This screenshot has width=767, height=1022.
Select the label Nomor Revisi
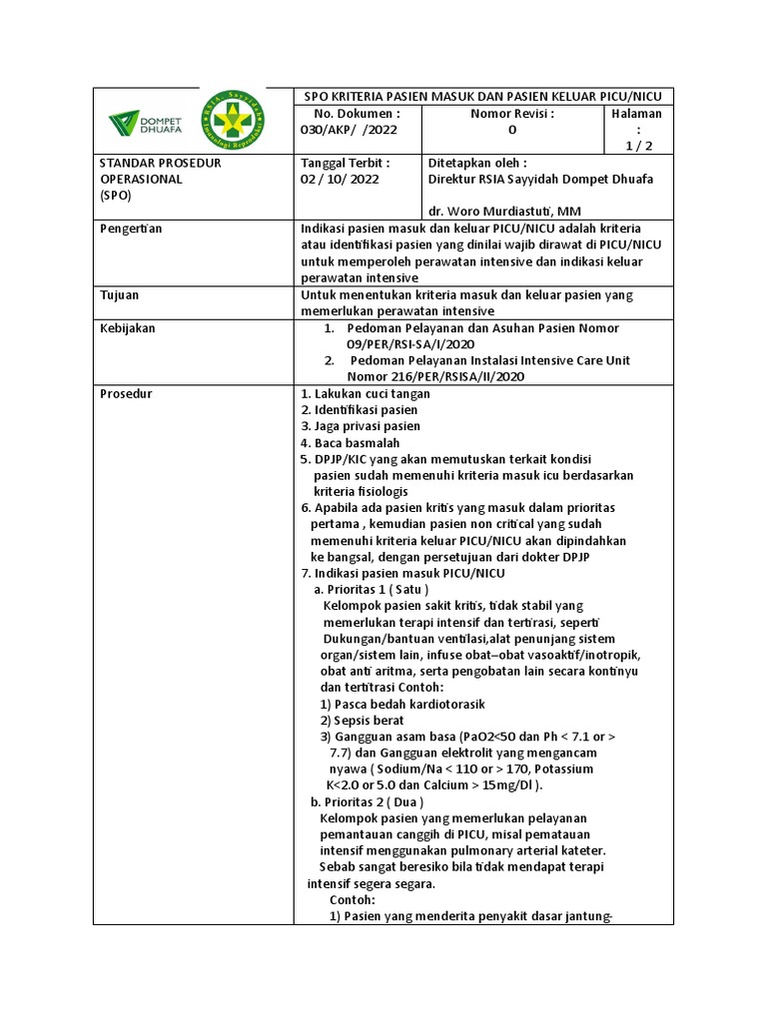(x=511, y=114)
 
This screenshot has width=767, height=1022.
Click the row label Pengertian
(x=131, y=229)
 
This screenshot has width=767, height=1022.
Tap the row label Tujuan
(x=120, y=295)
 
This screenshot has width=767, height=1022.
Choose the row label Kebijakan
(x=128, y=328)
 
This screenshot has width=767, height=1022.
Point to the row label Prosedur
(x=126, y=393)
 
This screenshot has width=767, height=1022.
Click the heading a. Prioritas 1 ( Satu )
(x=371, y=589)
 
